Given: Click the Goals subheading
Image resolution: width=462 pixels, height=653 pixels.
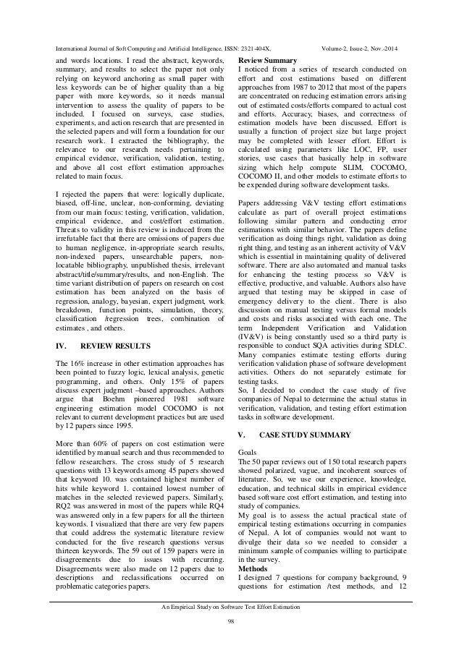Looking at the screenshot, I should coord(247,450).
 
